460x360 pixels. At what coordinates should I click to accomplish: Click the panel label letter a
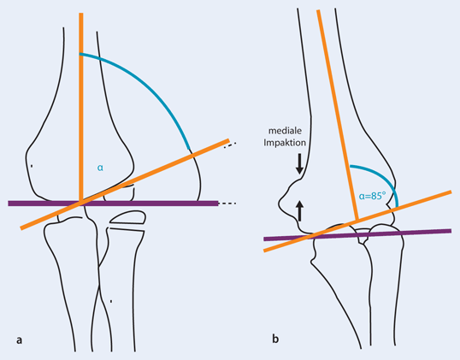point(19,340)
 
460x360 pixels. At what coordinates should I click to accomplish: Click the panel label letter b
point(275,339)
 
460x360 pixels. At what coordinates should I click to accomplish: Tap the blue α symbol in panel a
point(100,168)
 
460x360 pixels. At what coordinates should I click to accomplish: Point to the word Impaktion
point(285,143)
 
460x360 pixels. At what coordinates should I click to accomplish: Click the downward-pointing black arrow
point(299,163)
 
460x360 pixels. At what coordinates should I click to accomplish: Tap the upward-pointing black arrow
point(299,210)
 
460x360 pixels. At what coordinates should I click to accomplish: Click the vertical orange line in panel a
point(81,107)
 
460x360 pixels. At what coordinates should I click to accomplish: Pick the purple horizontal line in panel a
point(113,204)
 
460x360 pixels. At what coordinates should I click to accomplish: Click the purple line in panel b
point(357,234)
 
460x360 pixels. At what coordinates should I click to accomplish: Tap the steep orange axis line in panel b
point(338,115)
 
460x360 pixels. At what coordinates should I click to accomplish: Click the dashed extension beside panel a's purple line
point(227,204)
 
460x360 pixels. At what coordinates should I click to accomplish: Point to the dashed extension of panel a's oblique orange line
point(230,145)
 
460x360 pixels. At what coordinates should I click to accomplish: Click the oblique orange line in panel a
point(125,184)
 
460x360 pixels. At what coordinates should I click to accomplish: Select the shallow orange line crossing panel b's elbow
point(357,221)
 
